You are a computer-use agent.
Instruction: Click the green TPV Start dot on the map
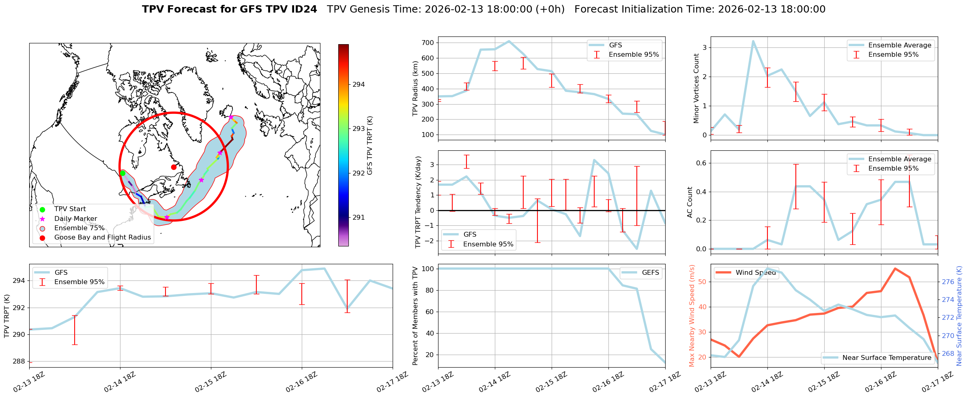point(122,173)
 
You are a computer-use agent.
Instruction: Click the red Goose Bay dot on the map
point(174,167)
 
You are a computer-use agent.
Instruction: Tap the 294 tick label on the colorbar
point(359,85)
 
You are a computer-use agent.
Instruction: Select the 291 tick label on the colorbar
point(359,218)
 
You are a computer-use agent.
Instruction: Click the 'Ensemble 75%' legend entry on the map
point(79,228)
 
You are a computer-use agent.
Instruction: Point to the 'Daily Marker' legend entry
point(75,219)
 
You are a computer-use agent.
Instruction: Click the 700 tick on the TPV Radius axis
point(428,43)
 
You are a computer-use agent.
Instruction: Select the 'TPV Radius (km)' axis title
point(415,88)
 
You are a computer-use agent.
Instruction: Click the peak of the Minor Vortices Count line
point(753,41)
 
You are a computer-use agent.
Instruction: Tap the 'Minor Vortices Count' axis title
point(696,88)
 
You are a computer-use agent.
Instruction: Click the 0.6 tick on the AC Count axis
point(701,163)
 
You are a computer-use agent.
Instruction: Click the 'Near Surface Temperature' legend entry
point(887,358)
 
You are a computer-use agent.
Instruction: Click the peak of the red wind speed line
point(895,268)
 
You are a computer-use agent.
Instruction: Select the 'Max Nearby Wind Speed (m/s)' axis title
point(692,316)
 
